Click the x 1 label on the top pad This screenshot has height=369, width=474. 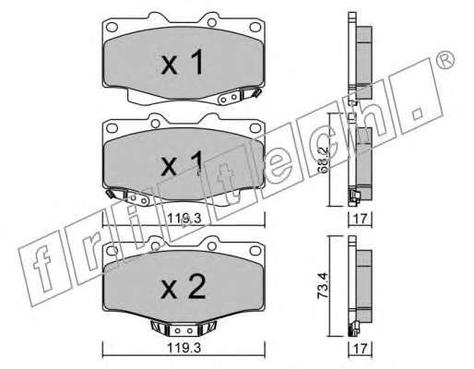click(x=182, y=63)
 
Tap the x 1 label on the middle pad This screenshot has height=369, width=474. click(x=182, y=164)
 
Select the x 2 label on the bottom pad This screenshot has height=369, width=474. click(x=184, y=287)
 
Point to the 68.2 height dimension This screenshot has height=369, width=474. click(x=324, y=165)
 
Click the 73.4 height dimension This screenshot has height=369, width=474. click(x=323, y=287)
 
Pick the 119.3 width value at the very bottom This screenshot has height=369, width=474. click(x=184, y=348)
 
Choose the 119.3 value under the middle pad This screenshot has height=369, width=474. click(x=184, y=219)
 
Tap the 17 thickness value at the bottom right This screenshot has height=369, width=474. click(x=361, y=349)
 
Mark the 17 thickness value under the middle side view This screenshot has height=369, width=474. click(x=361, y=219)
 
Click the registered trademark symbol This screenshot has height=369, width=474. click(x=445, y=60)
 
